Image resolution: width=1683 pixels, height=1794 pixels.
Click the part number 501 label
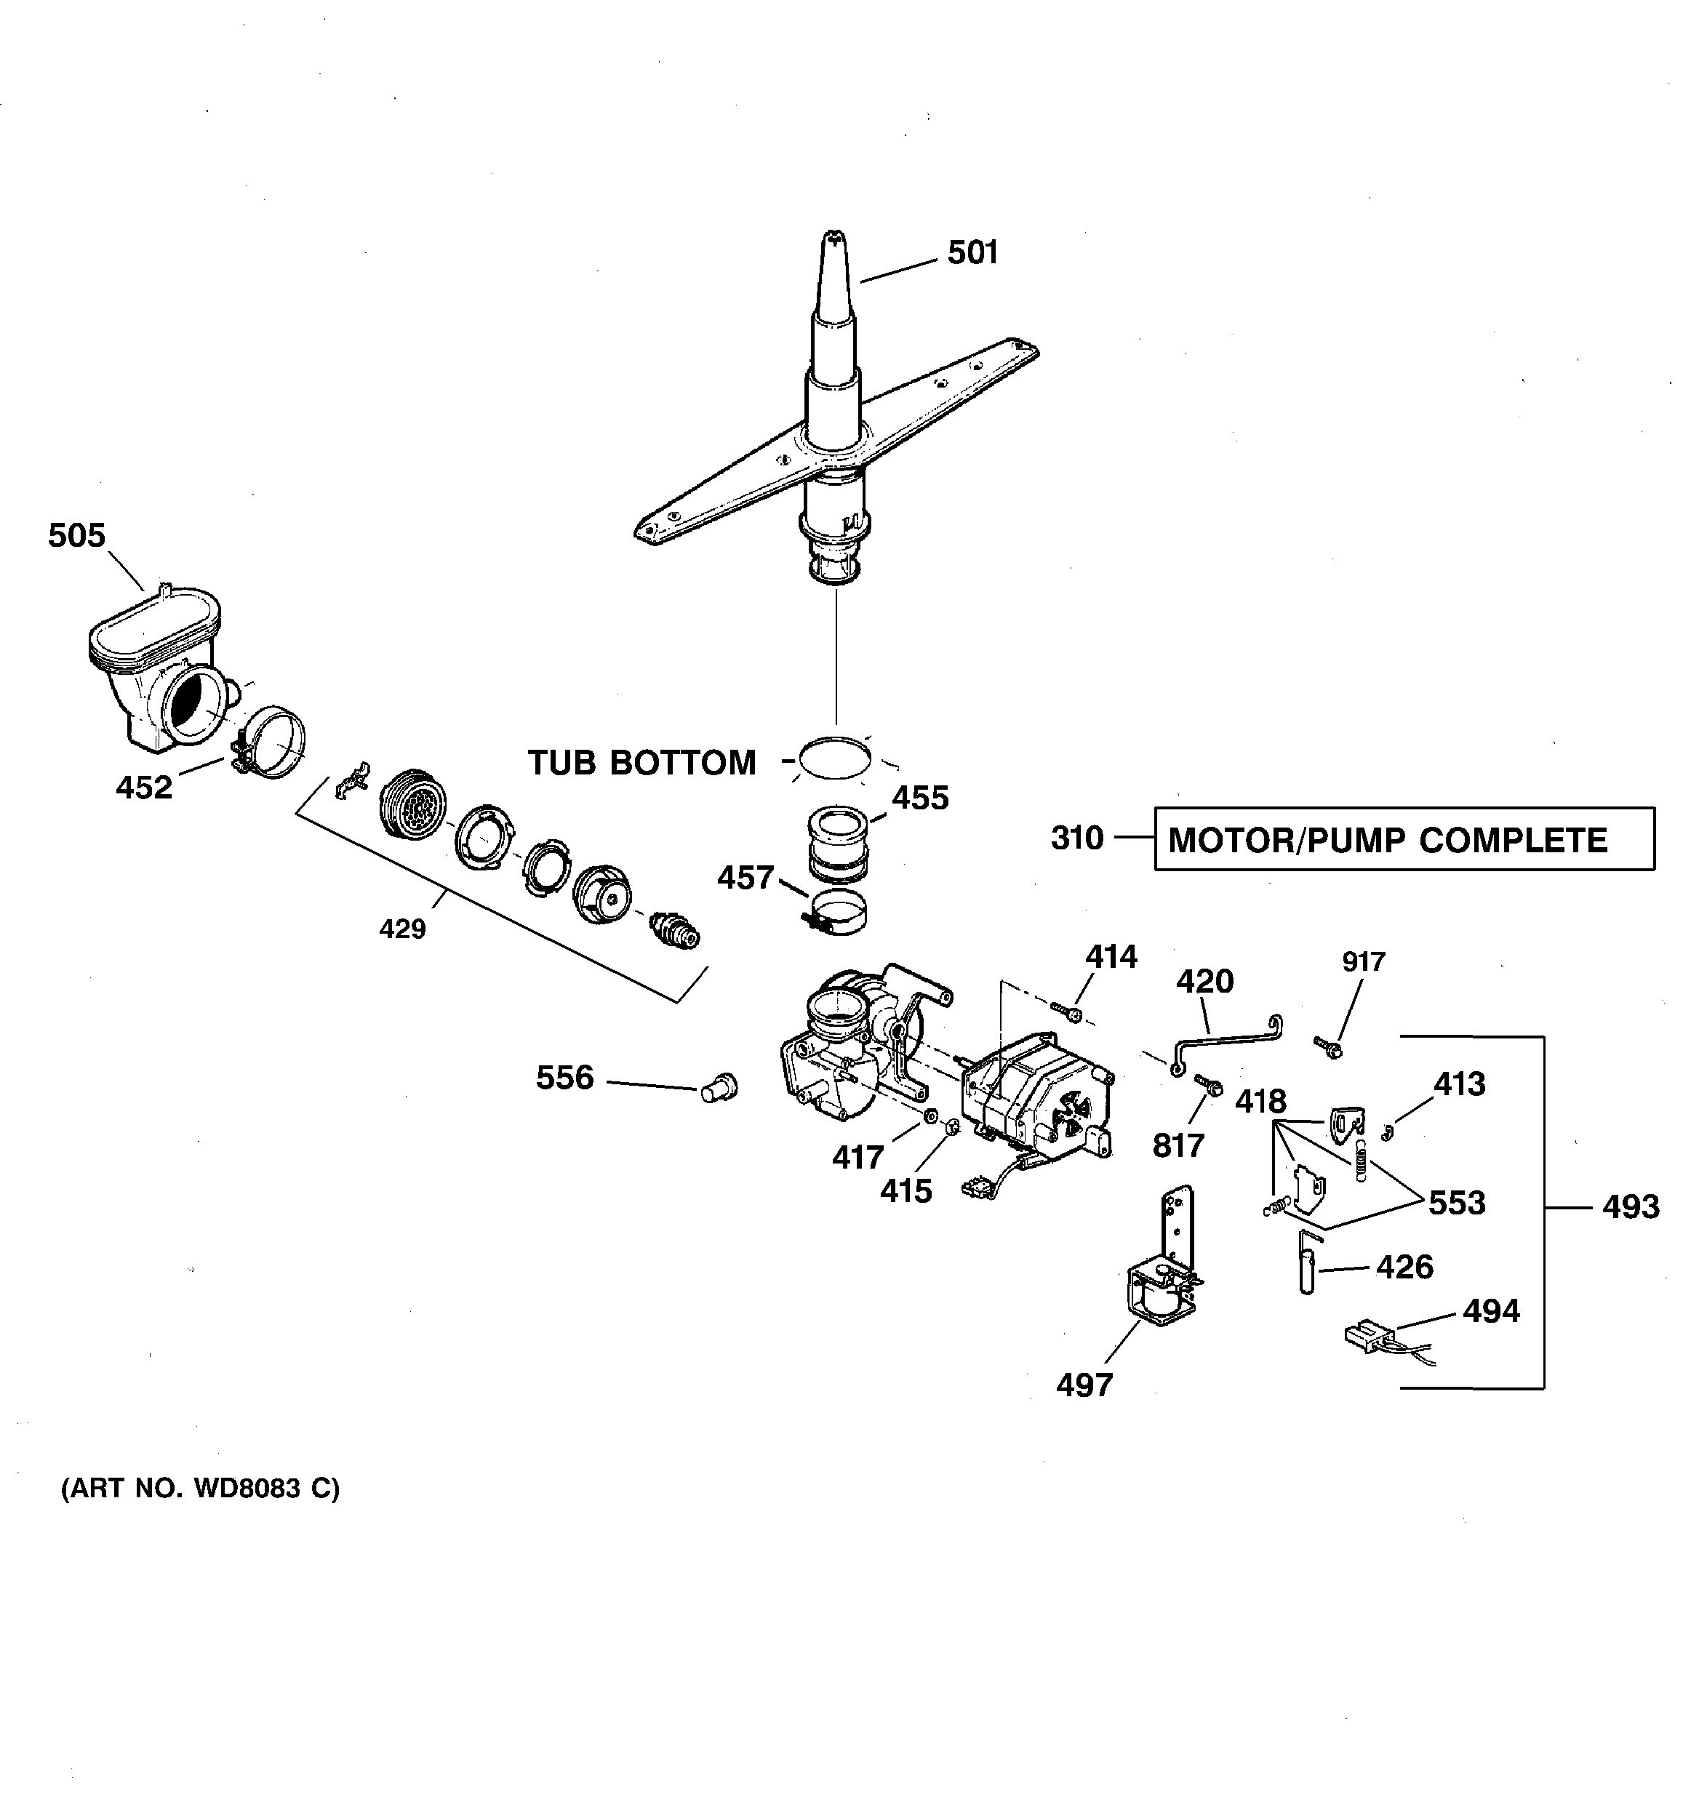pos(972,252)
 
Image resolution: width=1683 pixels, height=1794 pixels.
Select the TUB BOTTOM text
pos(641,763)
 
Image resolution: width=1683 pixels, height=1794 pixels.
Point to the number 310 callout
pos(1076,838)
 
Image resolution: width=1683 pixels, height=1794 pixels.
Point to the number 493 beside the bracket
pos(1630,1207)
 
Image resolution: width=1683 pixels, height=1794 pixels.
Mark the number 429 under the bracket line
pos(401,929)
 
